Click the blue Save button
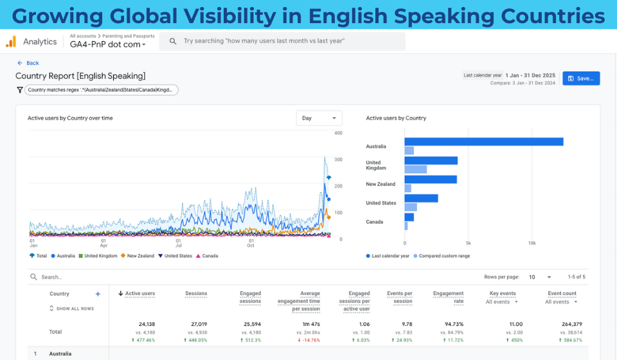tap(581, 78)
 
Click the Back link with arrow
tap(28, 63)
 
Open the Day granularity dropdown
tap(319, 118)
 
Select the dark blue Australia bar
tap(483, 141)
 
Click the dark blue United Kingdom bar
tap(431, 161)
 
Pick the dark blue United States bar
tap(421, 199)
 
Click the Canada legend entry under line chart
tap(207, 256)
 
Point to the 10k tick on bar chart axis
tap(532, 244)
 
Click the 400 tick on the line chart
tap(338, 133)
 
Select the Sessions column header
tap(196, 294)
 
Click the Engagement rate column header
tap(448, 297)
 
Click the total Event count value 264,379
tap(563, 325)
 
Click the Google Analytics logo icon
tap(11, 42)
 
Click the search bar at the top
tap(283, 41)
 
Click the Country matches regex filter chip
tap(101, 90)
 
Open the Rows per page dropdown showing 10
tap(540, 277)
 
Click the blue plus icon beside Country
tap(98, 294)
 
